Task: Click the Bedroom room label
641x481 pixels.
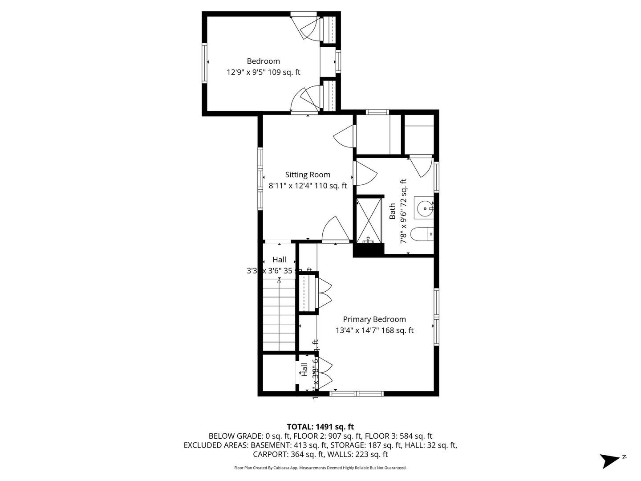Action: [263, 61]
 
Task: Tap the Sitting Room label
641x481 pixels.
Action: [308, 175]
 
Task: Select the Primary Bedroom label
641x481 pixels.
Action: [374, 319]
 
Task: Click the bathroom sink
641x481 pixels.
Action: [425, 208]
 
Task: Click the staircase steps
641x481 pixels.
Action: [279, 316]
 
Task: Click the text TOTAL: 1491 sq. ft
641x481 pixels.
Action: [320, 427]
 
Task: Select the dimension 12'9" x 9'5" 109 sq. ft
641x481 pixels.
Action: [263, 72]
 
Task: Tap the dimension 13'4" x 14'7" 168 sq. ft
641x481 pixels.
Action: [374, 330]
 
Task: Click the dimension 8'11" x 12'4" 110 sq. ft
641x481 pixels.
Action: [308, 186]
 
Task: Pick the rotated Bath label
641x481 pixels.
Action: [393, 211]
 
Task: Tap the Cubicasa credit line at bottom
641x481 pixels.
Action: [320, 468]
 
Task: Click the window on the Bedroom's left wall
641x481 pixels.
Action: [205, 63]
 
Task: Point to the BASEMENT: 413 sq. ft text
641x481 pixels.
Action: [289, 445]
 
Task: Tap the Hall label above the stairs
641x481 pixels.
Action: [279, 260]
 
